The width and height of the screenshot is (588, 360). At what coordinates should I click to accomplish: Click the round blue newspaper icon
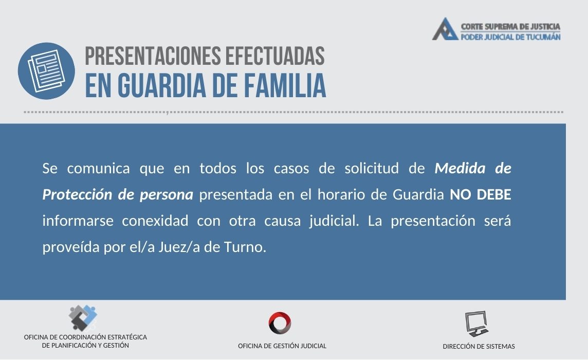pos(46,71)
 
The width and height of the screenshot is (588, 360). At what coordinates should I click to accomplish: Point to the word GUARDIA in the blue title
pos(161,85)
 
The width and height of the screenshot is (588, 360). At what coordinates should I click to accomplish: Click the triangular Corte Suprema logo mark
pos(445,29)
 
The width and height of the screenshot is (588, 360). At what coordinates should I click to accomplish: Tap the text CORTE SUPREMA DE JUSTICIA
pos(510,27)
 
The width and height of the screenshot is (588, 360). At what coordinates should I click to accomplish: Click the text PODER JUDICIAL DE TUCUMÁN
pos(510,37)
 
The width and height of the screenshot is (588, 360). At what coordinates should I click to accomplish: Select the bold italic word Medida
pos(460,168)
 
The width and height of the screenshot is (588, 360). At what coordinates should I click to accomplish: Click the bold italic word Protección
pos(77,194)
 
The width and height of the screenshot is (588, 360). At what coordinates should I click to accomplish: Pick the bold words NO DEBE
pos(481,194)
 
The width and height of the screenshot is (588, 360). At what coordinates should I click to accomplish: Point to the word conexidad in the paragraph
pos(155,221)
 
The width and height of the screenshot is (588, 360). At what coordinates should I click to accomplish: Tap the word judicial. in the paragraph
pos(334,221)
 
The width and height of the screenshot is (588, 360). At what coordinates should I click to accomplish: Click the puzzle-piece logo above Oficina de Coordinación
pos(83,318)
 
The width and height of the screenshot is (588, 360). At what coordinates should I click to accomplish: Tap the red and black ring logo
pos(280,323)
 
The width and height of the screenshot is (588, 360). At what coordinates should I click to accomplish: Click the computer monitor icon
pos(477,323)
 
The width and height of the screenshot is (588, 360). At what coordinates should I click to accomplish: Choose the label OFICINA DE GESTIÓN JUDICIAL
pos(282,346)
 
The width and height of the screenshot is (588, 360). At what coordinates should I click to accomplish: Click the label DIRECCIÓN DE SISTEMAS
pos(479,346)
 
